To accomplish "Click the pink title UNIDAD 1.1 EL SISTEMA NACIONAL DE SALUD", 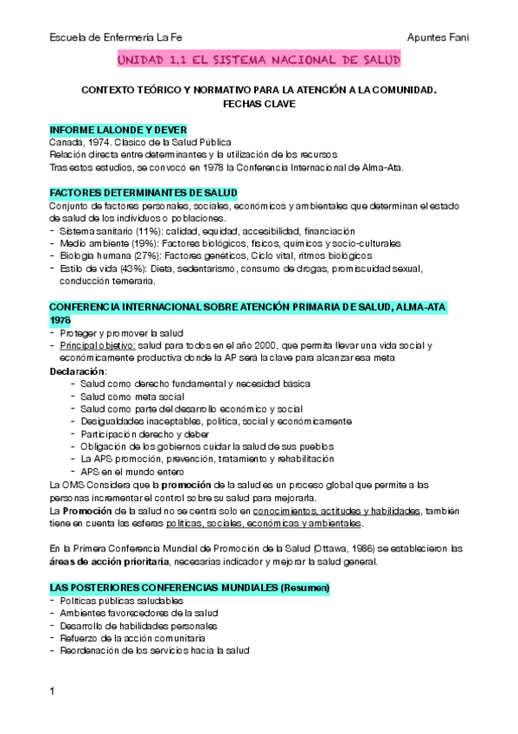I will point(259,61).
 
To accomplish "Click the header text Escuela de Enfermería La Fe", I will point(116,37).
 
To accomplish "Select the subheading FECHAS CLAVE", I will point(259,102).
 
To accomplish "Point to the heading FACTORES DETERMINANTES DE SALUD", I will point(143,192).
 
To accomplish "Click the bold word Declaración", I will point(76,370).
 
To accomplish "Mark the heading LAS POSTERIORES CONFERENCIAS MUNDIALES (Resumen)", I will point(189,563).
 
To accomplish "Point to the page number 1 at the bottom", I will point(53,691).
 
